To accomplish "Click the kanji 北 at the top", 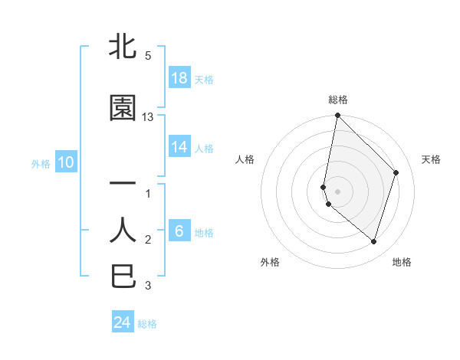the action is [x=123, y=47].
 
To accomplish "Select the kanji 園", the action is [x=123, y=108].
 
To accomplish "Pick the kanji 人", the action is [x=123, y=230].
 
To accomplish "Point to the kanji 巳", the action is [x=123, y=276].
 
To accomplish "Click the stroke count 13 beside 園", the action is [x=148, y=117].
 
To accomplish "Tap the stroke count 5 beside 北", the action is [x=147, y=56].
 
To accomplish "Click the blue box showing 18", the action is [x=179, y=77].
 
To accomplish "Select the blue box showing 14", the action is [x=179, y=147].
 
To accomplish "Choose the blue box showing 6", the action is [x=179, y=231].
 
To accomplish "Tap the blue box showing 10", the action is [x=65, y=162].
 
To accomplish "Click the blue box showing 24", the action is [x=123, y=322].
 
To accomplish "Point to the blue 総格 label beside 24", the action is [x=147, y=324].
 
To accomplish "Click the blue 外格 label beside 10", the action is [x=41, y=163].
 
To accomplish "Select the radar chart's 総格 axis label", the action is [x=338, y=100].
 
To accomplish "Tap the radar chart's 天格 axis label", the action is [x=431, y=159].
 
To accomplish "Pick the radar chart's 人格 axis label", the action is [x=245, y=159].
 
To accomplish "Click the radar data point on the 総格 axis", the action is [x=337, y=116].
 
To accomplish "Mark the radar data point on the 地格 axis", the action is [x=373, y=241].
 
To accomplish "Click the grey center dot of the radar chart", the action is [x=337, y=191].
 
